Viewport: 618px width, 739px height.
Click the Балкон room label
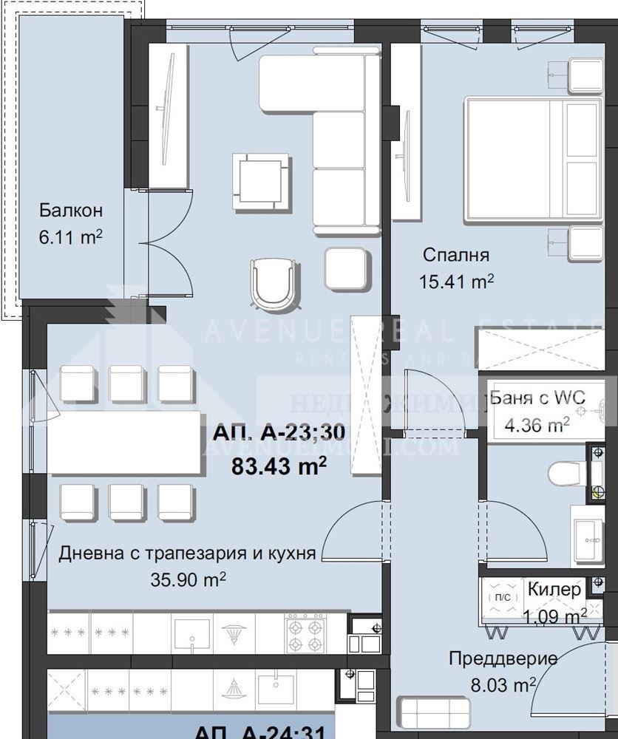pyautogui.click(x=70, y=211)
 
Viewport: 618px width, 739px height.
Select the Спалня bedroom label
pyautogui.click(x=456, y=256)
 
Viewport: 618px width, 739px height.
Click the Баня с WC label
pyautogui.click(x=537, y=398)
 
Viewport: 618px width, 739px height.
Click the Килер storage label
pyautogui.click(x=554, y=589)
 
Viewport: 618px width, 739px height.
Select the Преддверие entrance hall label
pyautogui.click(x=503, y=658)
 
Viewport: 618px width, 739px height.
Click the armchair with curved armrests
pyautogui.click(x=275, y=282)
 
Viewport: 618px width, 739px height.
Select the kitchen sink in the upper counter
pyautogui.click(x=194, y=633)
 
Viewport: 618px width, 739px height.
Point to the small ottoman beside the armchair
pyautogui.click(x=346, y=270)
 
